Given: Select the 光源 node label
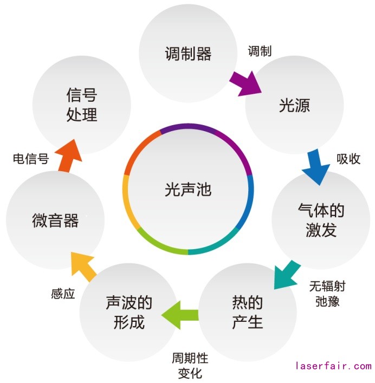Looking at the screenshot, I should [294, 105].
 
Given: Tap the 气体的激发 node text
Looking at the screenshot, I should [321, 220].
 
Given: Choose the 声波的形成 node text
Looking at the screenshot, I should [129, 312].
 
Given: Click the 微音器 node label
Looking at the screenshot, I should [55, 220].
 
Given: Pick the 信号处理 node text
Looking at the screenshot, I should [82, 105].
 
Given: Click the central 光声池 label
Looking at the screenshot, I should [188, 190].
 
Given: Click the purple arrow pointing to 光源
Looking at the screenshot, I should [244, 83].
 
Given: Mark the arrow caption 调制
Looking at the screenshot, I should [260, 51].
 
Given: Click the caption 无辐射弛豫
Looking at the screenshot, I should [327, 293].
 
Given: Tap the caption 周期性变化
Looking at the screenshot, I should [190, 366].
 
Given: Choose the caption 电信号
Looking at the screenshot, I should [30, 159].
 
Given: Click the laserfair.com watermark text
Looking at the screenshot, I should [333, 366].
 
